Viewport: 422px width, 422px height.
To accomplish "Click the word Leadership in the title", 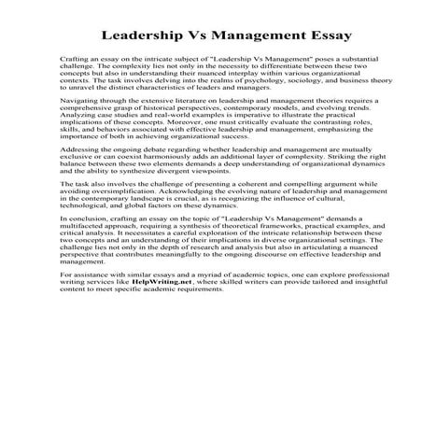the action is (x=142, y=36).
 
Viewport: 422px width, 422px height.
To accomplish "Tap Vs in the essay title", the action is (x=198, y=36).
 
